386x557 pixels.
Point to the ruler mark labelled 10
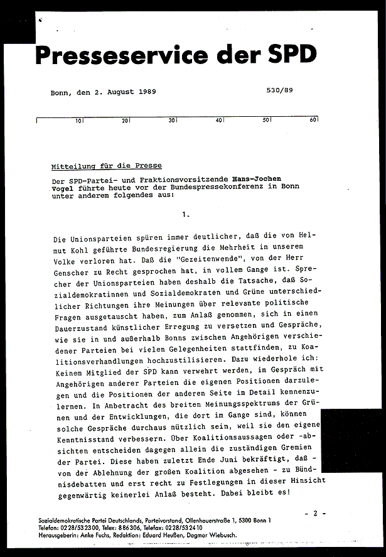click(x=80, y=120)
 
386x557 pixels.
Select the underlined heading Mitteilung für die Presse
click(x=107, y=166)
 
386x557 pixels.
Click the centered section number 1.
click(x=185, y=214)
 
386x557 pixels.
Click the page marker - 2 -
click(x=315, y=513)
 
